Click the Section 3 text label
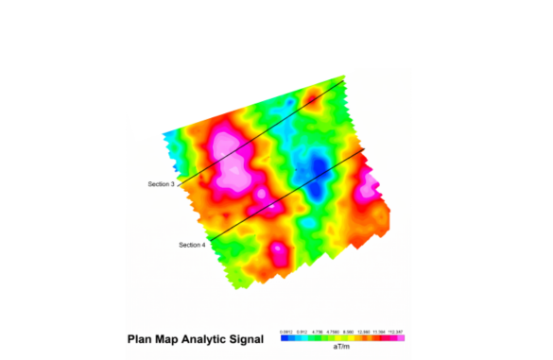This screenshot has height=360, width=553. [x=162, y=183]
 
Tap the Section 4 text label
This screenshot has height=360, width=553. [x=192, y=245]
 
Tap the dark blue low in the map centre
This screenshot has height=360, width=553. [x=319, y=171]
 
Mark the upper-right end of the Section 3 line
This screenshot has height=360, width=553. [x=343, y=82]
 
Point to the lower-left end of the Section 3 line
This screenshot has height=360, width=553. [x=178, y=185]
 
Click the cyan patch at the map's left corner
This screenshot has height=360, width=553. [x=170, y=138]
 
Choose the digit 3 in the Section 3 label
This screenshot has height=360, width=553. [x=173, y=183]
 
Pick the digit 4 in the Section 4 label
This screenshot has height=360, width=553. [x=203, y=245]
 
